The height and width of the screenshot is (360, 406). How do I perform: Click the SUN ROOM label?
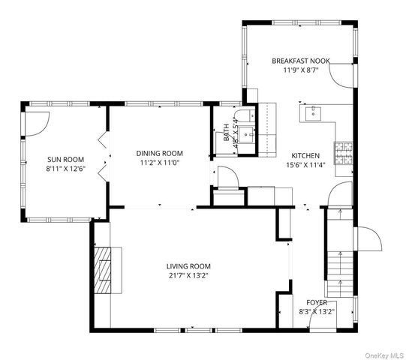pyautogui.click(x=65, y=160)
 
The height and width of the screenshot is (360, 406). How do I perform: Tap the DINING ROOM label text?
pyautogui.click(x=160, y=153)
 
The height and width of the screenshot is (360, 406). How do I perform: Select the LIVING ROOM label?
pyautogui.click(x=188, y=266)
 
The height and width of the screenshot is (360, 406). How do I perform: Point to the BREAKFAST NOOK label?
pyautogui.click(x=301, y=61)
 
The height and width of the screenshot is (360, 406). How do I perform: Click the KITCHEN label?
pyautogui.click(x=305, y=155)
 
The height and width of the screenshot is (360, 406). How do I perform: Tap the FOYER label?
pyautogui.click(x=317, y=302)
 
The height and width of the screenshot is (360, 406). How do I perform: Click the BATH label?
pyautogui.click(x=227, y=133)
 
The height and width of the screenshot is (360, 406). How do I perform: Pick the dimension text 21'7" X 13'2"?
pyautogui.click(x=188, y=275)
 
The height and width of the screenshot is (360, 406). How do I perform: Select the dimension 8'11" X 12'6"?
pyautogui.click(x=65, y=169)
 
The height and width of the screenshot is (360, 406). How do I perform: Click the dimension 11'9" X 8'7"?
pyautogui.click(x=301, y=70)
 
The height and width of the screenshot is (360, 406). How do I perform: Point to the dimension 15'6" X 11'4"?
pyautogui.click(x=305, y=165)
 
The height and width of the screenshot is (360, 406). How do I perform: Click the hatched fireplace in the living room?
pyautogui.click(x=103, y=271)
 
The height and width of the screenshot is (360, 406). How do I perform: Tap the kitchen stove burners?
pyautogui.click(x=344, y=153)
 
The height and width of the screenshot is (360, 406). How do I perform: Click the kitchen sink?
pyautogui.click(x=313, y=114)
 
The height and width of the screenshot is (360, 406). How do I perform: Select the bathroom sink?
pyautogui.click(x=246, y=134)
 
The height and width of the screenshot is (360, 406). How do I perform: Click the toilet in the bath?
pyautogui.click(x=245, y=116)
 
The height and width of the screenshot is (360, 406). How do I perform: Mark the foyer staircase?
pyautogui.click(x=340, y=253)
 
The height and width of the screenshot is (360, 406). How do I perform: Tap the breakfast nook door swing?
pyautogui.click(x=341, y=75)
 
